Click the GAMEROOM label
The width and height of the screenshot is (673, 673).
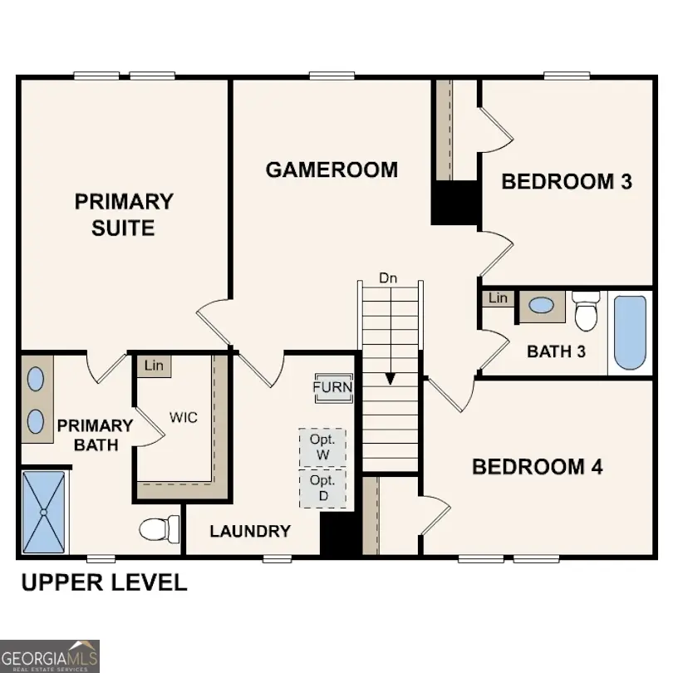pos(332,170)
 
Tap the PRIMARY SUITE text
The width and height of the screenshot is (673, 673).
pos(124,214)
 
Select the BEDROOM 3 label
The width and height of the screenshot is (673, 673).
pos(567,181)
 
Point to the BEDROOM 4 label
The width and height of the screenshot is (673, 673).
pos(537,467)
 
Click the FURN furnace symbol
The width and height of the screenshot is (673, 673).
pos(332,387)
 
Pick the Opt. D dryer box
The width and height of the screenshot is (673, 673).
pos(322,489)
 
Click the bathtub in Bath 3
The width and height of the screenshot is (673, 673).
pos(630,332)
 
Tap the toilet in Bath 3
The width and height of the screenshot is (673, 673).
pos(586,312)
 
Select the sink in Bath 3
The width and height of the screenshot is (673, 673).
pos(542,306)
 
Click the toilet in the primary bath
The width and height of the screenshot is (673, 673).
pos(160,528)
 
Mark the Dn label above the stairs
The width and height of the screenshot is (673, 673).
pos(388,278)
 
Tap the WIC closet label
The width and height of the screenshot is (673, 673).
pos(184,417)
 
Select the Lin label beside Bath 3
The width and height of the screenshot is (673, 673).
pos(498,298)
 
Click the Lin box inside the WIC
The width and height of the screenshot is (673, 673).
pos(154,365)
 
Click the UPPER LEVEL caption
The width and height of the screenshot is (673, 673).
pos(104,582)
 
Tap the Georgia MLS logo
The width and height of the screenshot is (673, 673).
pos(50,656)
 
